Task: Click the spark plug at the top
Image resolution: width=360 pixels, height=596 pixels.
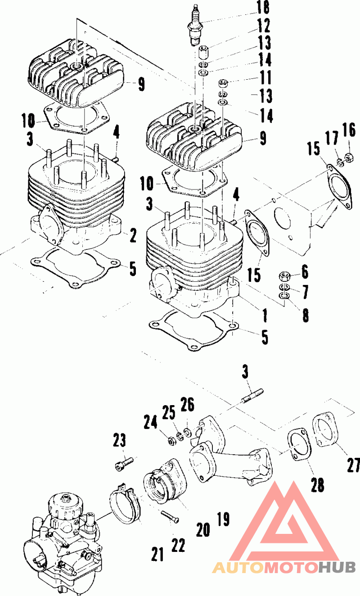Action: [x=196, y=25]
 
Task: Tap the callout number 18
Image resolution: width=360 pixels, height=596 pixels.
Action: [x=263, y=7]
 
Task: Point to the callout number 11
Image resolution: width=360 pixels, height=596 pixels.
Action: [x=265, y=77]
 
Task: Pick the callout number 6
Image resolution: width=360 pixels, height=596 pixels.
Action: [x=305, y=271]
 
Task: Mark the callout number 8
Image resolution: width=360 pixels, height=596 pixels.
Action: [x=306, y=315]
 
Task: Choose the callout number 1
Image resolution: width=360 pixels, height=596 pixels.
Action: [x=265, y=315]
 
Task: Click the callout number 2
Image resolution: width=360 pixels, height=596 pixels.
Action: [x=133, y=235]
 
